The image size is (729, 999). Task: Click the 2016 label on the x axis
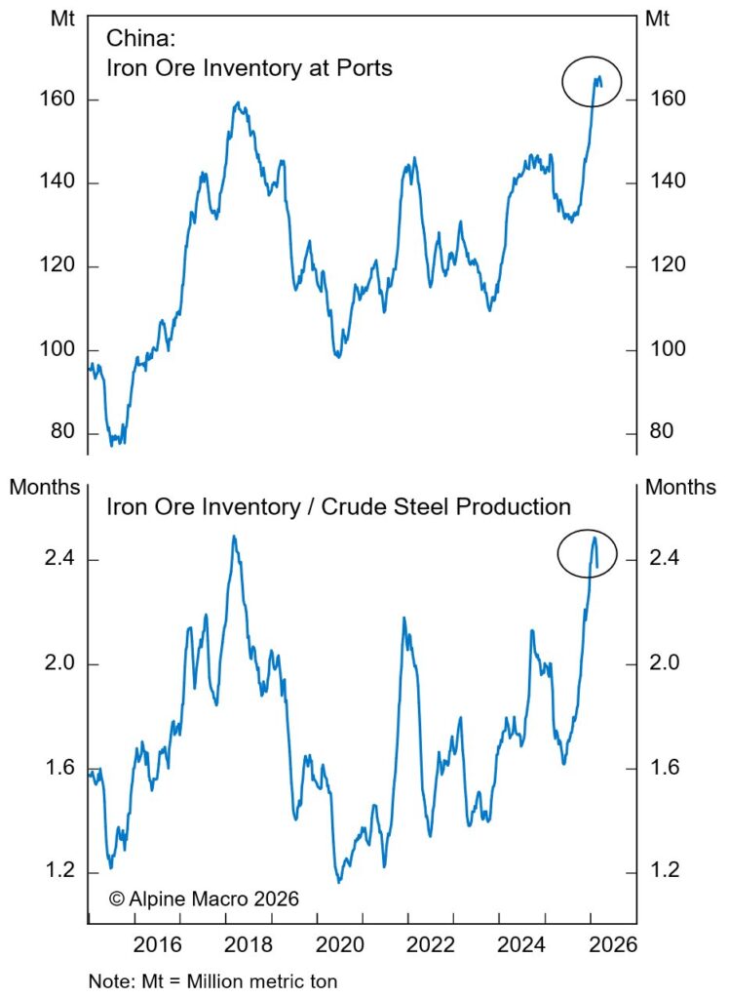158,944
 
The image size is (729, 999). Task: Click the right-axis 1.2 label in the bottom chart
665,871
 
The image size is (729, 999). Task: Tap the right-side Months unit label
680,487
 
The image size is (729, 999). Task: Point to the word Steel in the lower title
412,506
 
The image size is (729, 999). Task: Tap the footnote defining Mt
212,979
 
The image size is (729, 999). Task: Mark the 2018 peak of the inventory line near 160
237,102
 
